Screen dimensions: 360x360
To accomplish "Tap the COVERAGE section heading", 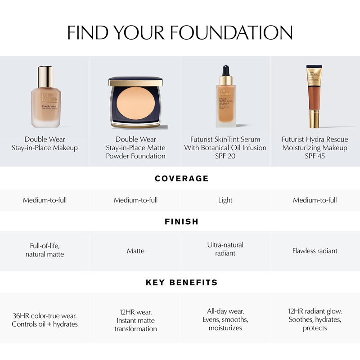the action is (x=182, y=178).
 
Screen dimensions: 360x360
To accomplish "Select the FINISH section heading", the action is (x=182, y=221).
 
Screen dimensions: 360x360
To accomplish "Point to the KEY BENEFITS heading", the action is (x=182, y=283).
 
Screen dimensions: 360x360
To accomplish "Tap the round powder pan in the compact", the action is (x=136, y=103).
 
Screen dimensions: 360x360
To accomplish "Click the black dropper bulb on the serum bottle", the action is (x=226, y=71).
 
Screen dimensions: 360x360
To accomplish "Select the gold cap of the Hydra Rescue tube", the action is (x=315, y=119).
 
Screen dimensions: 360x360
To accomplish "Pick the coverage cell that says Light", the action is (x=225, y=200).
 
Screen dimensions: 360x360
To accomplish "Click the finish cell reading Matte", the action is (x=136, y=251).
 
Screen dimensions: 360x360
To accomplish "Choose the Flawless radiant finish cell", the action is (x=315, y=251).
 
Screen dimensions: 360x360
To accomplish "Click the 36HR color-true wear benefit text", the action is (x=45, y=316).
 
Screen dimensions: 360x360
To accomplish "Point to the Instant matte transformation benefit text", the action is (x=136, y=324).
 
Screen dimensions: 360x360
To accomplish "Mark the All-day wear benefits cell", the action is (x=225, y=319).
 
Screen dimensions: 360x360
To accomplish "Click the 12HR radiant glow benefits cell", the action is (x=315, y=319).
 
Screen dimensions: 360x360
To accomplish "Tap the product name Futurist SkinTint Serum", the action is (x=225, y=139).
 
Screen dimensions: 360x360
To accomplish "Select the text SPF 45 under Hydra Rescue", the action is (x=315, y=156).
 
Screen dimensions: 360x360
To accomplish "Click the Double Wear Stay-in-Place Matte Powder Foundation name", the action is (x=136, y=148).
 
